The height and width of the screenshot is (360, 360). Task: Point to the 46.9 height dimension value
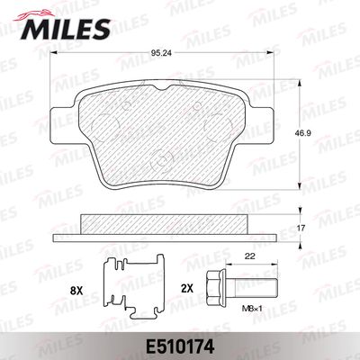[x=301, y=132]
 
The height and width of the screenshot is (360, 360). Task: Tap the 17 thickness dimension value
[x=301, y=229]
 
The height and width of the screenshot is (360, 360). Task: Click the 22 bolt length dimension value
[x=250, y=256]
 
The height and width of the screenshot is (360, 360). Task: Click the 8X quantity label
[x=76, y=291]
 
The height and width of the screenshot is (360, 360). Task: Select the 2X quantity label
[x=186, y=289]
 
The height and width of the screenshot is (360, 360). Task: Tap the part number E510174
[x=180, y=346]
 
